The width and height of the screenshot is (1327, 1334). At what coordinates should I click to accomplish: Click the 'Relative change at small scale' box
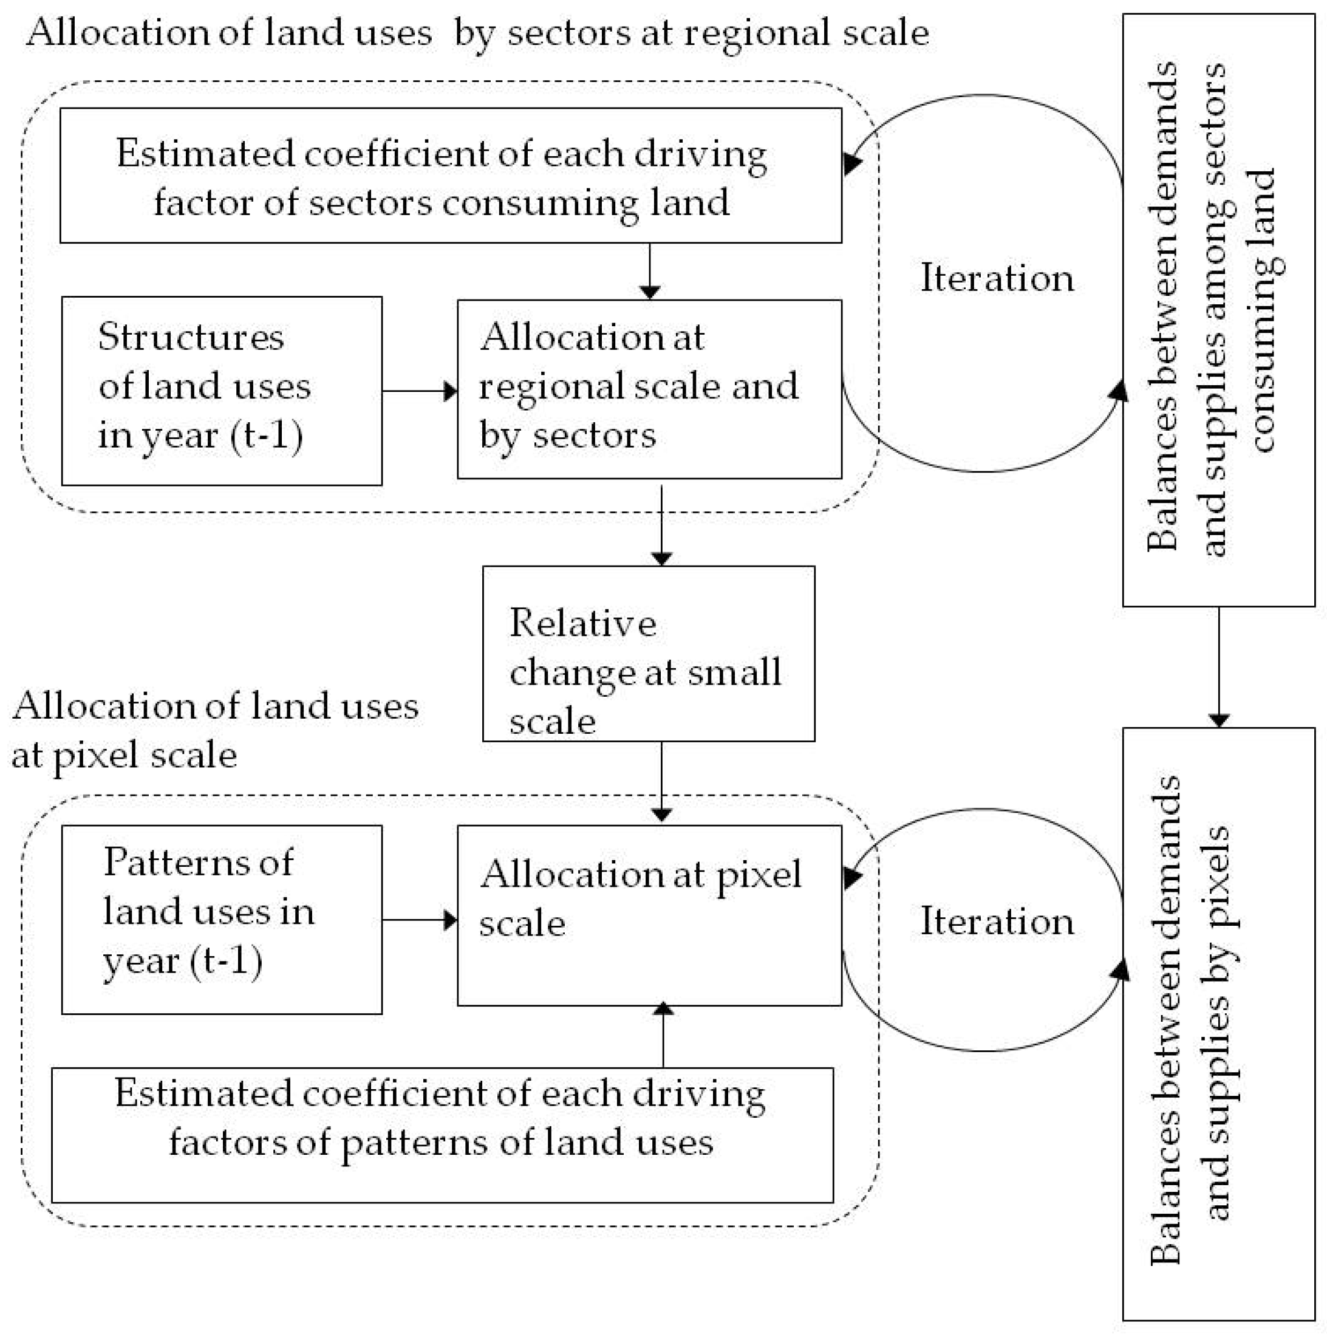click(648, 653)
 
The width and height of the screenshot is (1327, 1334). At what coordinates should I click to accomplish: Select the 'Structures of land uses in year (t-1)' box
click(222, 391)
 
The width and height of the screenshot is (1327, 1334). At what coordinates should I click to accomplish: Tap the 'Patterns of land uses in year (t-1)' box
click(222, 919)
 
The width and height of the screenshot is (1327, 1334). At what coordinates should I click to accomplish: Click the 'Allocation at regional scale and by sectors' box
click(650, 389)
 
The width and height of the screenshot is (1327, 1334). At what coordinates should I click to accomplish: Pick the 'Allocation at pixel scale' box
click(650, 915)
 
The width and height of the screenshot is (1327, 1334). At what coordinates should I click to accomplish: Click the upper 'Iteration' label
click(997, 278)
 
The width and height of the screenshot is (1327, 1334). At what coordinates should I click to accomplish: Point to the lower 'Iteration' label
click(997, 920)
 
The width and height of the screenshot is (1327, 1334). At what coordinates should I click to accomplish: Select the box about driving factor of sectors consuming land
click(451, 176)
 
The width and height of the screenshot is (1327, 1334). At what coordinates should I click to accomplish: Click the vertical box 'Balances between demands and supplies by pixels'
click(1219, 1024)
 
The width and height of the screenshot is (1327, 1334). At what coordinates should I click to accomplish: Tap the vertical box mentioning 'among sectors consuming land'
click(1219, 310)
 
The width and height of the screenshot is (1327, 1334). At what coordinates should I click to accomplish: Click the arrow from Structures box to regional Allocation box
click(420, 391)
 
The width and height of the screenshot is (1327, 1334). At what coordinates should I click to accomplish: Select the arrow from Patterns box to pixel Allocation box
click(420, 920)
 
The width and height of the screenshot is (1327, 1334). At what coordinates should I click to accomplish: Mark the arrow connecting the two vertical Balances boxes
click(1219, 667)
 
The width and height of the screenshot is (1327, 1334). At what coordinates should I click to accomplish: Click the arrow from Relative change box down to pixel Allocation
click(661, 782)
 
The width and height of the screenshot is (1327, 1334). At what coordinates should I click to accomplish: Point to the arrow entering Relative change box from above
click(661, 525)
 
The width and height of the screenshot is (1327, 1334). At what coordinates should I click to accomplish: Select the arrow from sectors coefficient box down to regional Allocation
click(650, 271)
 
